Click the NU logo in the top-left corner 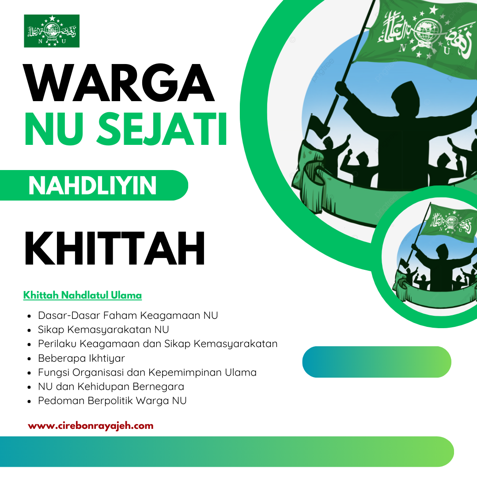[52, 31]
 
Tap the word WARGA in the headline [119, 83]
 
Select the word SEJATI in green [162, 129]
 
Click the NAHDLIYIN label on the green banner [92, 185]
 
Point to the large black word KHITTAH [115, 248]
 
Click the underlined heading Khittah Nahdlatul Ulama [83, 295]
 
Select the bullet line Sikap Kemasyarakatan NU [103, 329]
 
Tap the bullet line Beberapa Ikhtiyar [82, 358]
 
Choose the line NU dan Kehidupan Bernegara [111, 386]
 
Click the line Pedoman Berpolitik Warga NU [112, 401]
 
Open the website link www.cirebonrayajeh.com [91, 426]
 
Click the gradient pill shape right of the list [377, 362]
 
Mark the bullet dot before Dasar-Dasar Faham [29, 316]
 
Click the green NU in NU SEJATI [54, 129]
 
